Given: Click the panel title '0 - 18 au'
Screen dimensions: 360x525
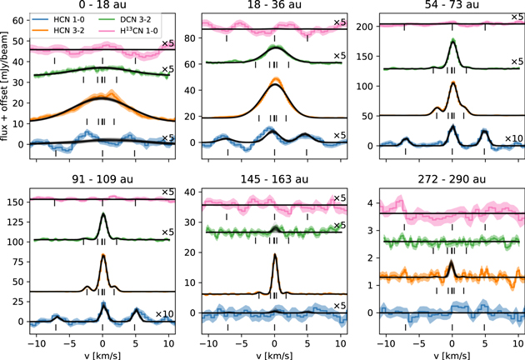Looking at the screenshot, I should pyautogui.click(x=102, y=7).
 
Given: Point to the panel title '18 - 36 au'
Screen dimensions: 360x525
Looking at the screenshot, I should pyautogui.click(x=274, y=7).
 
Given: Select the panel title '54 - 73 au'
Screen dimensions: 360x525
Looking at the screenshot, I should pyautogui.click(x=451, y=7).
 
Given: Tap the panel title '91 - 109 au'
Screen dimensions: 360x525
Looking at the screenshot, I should pyautogui.click(x=102, y=184).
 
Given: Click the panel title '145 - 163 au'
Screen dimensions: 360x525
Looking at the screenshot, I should pyautogui.click(x=274, y=184).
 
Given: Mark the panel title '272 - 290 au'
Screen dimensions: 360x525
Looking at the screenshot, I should pyautogui.click(x=451, y=184).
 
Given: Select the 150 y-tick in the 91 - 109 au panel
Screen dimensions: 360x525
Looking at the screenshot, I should pyautogui.click(x=17, y=202).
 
